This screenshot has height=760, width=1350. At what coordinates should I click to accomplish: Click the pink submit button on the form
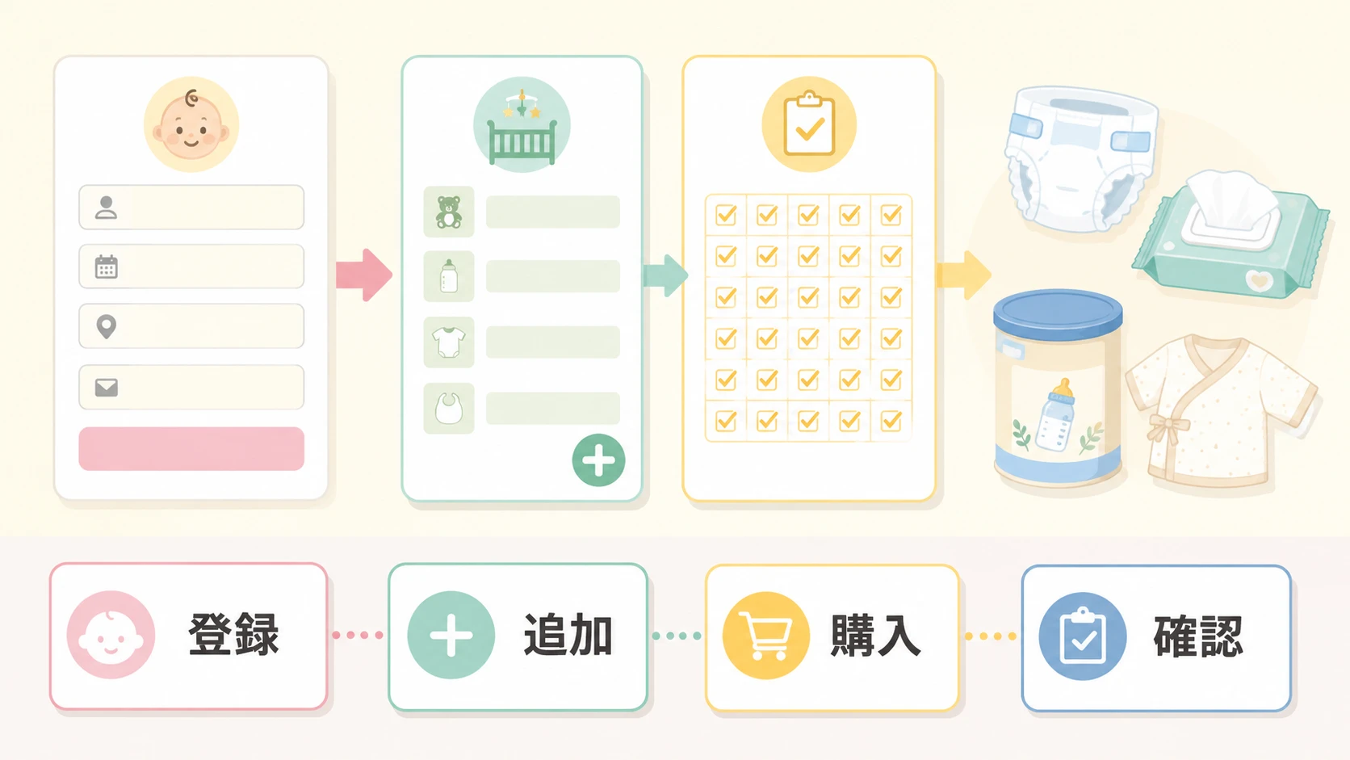click(x=191, y=448)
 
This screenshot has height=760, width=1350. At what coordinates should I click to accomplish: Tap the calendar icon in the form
click(x=106, y=267)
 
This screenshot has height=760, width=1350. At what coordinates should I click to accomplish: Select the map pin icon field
click(x=106, y=326)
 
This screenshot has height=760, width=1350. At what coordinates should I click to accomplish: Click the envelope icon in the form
click(x=106, y=388)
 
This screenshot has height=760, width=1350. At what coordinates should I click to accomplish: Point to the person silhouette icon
click(x=106, y=208)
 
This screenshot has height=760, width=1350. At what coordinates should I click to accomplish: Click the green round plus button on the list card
click(x=598, y=460)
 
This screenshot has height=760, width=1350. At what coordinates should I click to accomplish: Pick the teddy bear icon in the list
click(x=449, y=212)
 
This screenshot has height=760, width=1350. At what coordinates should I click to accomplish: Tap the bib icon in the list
click(x=449, y=408)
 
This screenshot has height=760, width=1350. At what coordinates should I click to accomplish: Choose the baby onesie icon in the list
click(x=449, y=342)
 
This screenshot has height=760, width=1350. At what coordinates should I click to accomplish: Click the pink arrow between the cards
click(x=364, y=275)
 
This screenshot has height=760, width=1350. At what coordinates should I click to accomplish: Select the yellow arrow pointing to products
click(x=963, y=275)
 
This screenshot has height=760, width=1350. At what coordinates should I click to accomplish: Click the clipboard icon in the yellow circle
click(x=809, y=124)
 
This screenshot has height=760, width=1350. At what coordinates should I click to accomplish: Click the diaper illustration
click(x=1081, y=159)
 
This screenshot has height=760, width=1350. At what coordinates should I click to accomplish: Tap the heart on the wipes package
click(x=1260, y=280)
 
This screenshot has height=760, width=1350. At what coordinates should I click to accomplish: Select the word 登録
click(x=234, y=634)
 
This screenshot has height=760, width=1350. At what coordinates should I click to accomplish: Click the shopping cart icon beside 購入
click(x=765, y=636)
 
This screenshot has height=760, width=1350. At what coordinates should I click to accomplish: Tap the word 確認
click(x=1198, y=636)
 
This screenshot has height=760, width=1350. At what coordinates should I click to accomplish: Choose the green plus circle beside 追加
click(x=451, y=636)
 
